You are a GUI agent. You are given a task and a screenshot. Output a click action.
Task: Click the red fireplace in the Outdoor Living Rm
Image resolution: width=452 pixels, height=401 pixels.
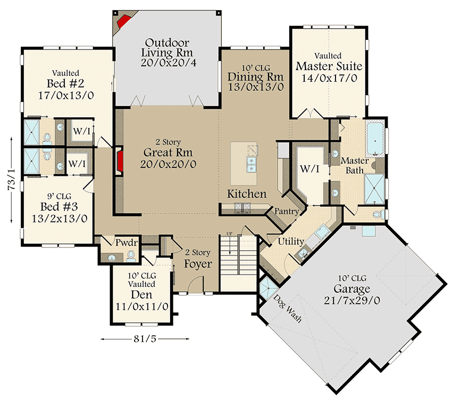(125, 21)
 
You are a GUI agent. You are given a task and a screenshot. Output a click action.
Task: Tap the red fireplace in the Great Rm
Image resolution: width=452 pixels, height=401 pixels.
(120, 162)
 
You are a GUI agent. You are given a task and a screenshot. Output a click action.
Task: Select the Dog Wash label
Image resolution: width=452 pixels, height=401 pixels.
(288, 308)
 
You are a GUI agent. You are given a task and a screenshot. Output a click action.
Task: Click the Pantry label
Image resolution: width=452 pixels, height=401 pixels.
(287, 211)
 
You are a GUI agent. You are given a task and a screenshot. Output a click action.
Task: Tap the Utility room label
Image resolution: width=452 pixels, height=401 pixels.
(291, 241)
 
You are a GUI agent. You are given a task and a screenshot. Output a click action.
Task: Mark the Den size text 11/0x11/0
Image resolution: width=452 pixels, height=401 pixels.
(142, 306)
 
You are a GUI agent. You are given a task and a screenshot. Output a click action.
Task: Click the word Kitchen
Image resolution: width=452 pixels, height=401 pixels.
(247, 194)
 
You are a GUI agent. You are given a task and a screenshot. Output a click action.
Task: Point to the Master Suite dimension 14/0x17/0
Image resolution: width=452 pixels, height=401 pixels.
(329, 78)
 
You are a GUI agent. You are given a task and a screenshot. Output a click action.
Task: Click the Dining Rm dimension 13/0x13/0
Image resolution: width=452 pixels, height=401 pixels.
(256, 87)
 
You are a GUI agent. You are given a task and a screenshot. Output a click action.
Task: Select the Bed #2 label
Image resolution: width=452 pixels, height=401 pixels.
(66, 84)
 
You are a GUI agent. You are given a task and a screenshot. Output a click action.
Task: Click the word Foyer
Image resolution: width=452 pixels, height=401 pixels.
(198, 264)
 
